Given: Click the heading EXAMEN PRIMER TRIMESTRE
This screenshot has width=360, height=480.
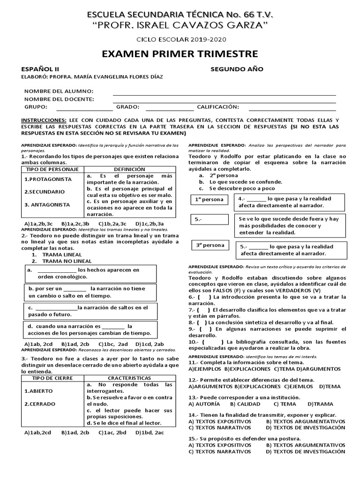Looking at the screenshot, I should click(180, 53).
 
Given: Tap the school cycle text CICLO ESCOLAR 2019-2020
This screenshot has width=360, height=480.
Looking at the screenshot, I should click(180, 41).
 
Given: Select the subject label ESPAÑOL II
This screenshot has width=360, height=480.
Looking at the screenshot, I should click(40, 69).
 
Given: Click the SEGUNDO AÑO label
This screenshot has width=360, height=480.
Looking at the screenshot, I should click(237, 69).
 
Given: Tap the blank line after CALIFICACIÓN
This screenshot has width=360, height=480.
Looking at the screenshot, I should click(292, 107).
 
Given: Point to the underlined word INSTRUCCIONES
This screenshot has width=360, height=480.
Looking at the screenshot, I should click(44, 120).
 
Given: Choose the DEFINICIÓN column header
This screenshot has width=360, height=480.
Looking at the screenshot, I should click(129, 169).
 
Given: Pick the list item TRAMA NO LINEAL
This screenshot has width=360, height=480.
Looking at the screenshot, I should click(67, 261).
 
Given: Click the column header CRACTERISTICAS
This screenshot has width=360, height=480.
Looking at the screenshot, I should click(129, 378).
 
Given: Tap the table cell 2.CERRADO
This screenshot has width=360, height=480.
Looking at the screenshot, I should click(40, 404).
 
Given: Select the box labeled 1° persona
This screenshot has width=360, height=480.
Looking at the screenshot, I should click(210, 200).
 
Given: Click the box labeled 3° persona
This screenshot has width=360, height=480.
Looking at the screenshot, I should click(210, 245).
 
